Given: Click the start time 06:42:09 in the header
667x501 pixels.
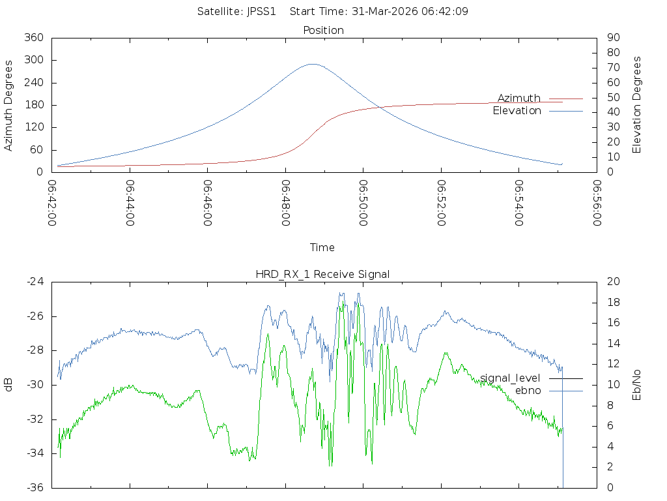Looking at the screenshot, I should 447,11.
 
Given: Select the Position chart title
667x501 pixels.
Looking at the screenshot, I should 324,30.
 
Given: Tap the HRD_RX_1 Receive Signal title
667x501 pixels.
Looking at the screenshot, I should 322,274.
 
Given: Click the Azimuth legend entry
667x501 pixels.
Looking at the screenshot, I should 519,99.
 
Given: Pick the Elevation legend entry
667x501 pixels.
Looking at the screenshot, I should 517,111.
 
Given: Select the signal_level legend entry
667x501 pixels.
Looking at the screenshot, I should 511,378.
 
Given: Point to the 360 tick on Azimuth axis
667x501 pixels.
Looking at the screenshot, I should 33,38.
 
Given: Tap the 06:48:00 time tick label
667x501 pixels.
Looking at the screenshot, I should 286,203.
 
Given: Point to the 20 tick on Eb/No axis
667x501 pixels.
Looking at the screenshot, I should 613,282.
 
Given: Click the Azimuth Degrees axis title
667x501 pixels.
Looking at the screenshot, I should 8,105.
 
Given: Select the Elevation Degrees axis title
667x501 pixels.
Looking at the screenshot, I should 637,105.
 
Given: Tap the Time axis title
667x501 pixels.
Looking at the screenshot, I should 322,247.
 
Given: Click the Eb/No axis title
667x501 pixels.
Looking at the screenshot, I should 637,385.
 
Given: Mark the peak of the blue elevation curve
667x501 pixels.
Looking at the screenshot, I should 313,64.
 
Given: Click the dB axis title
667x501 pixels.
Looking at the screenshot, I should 8,385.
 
